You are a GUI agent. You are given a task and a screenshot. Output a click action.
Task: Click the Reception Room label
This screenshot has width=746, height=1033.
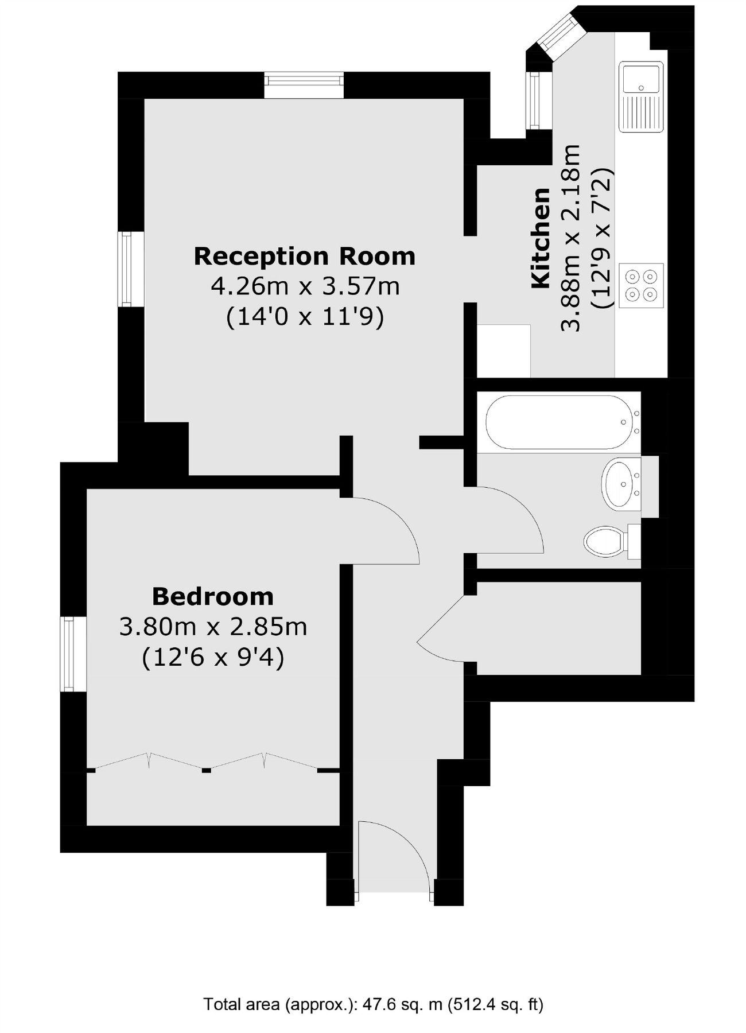point(304,256)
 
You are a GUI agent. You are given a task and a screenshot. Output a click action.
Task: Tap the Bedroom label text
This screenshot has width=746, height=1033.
point(213,597)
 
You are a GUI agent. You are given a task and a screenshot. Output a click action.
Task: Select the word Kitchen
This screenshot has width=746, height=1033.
point(541,238)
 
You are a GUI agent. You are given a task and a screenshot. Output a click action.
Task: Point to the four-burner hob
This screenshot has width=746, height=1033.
point(641,285)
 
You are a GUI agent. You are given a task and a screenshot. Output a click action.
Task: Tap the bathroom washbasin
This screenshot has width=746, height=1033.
point(620,484)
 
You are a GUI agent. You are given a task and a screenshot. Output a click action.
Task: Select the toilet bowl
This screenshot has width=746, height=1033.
point(604,541)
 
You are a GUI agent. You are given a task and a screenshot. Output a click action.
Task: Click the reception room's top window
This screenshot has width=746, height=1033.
point(304,86)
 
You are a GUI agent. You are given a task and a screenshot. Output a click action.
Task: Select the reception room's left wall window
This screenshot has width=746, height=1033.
point(131,269)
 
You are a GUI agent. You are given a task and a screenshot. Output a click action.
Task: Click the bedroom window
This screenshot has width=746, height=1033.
point(73,654)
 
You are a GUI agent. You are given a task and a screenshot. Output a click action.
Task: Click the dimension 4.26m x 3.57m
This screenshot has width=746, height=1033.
point(305,286)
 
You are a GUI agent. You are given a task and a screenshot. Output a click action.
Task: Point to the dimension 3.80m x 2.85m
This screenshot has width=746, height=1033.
point(213,627)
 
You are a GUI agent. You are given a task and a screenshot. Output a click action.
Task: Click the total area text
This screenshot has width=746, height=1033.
point(373,1004)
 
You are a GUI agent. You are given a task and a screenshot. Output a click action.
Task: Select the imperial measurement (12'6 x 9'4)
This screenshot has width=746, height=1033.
point(213,657)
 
